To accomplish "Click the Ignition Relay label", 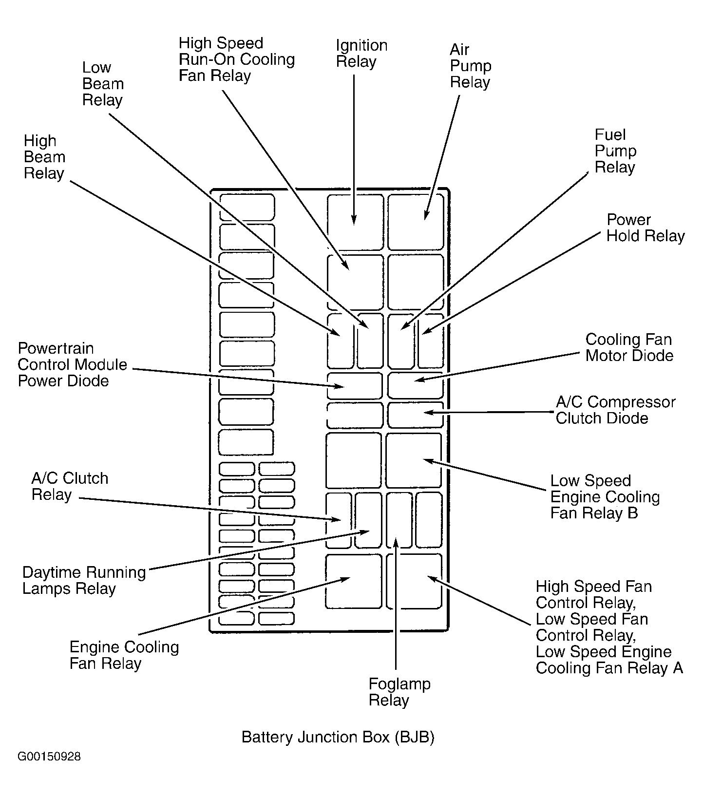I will (361, 54).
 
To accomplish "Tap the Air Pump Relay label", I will (470, 66).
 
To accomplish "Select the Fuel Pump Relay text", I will (615, 151).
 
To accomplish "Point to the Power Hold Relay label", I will (645, 228).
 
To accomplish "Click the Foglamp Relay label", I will (399, 692).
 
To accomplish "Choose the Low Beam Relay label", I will (102, 84).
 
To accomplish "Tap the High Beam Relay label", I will (44, 157).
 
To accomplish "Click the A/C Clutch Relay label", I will (70, 486).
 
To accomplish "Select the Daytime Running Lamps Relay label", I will (84, 580).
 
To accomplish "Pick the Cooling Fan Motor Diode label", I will (629, 347).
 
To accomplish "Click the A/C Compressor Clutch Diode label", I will (615, 410).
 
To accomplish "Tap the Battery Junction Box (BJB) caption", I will (338, 737).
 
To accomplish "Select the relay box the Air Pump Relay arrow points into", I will (416, 222).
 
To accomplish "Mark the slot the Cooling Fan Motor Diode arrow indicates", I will (415, 385).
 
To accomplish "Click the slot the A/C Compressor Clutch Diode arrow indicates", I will (415, 415).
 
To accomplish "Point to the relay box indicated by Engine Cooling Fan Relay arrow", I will (353, 581).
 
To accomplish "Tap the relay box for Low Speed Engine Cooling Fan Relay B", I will (414, 460).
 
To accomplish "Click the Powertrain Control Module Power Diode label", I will (72, 364).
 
